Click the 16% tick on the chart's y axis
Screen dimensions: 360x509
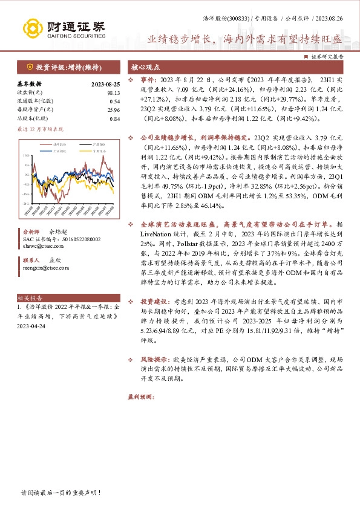coord(26,156)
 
